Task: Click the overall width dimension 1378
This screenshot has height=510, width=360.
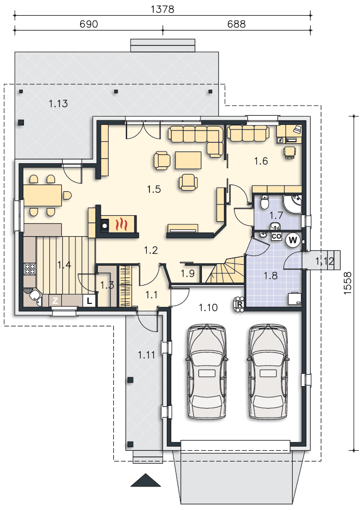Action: pyautogui.click(x=162, y=9)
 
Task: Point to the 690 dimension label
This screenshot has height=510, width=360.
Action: pyautogui.click(x=89, y=24)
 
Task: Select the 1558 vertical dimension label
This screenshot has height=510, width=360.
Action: pyautogui.click(x=347, y=283)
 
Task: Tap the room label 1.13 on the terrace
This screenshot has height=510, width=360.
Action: pyautogui.click(x=58, y=104)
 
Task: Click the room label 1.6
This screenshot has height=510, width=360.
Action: pyautogui.click(x=261, y=161)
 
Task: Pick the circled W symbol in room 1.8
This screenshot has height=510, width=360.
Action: pyautogui.click(x=293, y=240)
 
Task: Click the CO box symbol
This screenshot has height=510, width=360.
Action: pyautogui.click(x=276, y=237)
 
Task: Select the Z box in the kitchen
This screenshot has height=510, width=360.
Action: pyautogui.click(x=55, y=301)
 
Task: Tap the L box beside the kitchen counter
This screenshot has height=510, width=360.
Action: pyautogui.click(x=89, y=301)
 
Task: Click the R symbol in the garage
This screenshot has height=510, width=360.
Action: pyautogui.click(x=240, y=304)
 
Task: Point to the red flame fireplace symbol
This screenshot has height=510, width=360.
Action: pyautogui.click(x=121, y=224)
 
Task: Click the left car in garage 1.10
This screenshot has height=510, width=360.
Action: pyautogui.click(x=206, y=371)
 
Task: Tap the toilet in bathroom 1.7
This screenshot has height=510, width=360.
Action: pyautogui.click(x=264, y=202)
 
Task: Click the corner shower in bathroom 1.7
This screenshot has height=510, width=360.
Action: pyautogui.click(x=292, y=204)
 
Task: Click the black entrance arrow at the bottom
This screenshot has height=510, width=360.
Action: pyautogui.click(x=146, y=480)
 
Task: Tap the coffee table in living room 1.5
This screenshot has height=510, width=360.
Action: pyautogui.click(x=188, y=160)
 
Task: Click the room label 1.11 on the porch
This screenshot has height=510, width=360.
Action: pyautogui.click(x=146, y=355)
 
